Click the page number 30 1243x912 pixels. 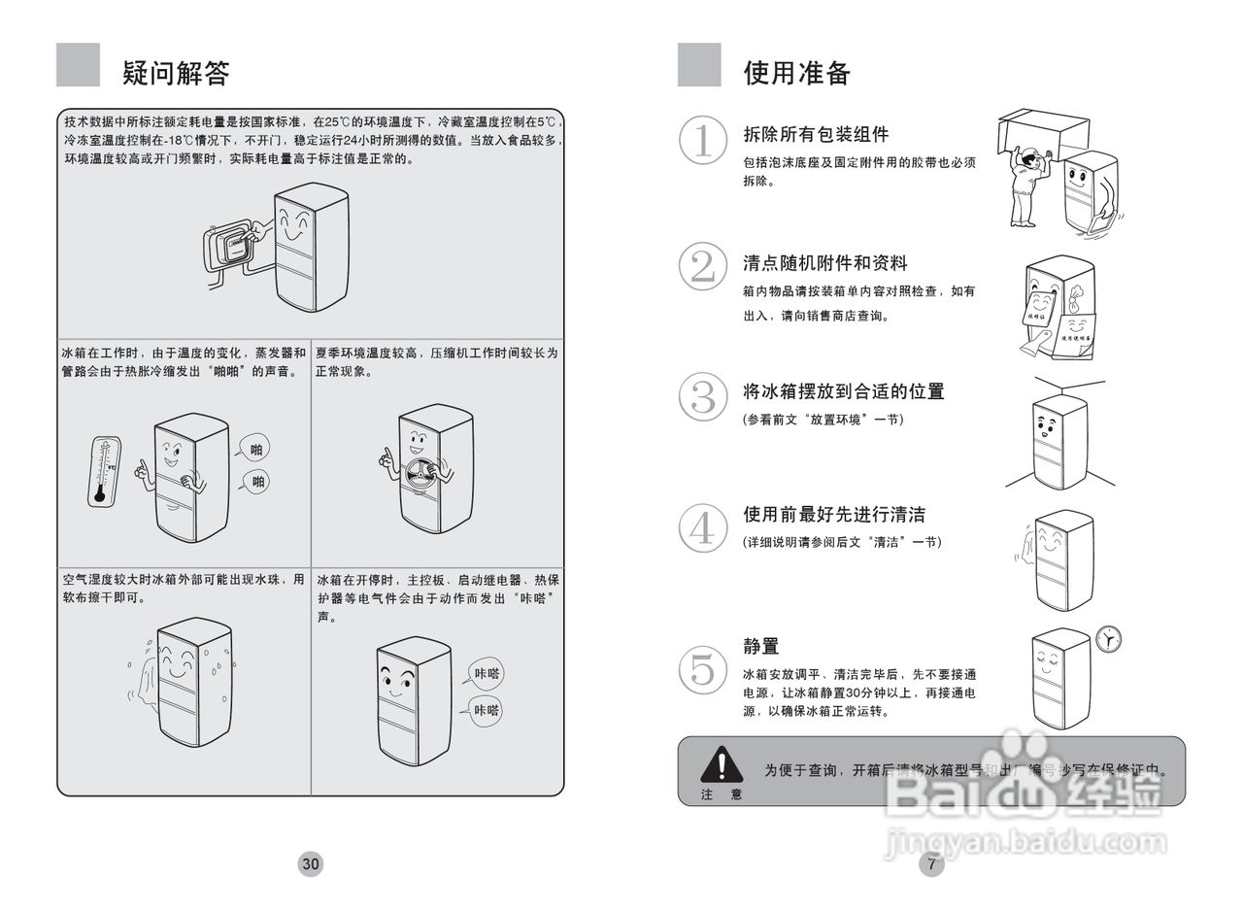(x=311, y=863)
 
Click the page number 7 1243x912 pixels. (x=931, y=863)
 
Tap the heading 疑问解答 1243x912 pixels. (x=176, y=73)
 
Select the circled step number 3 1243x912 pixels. (x=702, y=397)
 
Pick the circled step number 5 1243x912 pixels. (x=702, y=670)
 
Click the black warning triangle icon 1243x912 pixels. (x=722, y=764)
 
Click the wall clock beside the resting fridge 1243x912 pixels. (x=1107, y=639)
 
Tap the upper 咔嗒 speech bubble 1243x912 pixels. (x=486, y=673)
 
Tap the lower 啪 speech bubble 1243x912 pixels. (x=257, y=482)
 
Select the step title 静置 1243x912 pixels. (x=761, y=646)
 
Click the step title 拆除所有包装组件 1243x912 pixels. (x=816, y=134)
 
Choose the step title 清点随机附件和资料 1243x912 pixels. (x=825, y=263)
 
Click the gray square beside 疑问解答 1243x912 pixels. (x=78, y=65)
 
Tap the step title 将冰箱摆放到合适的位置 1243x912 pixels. (x=843, y=391)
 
